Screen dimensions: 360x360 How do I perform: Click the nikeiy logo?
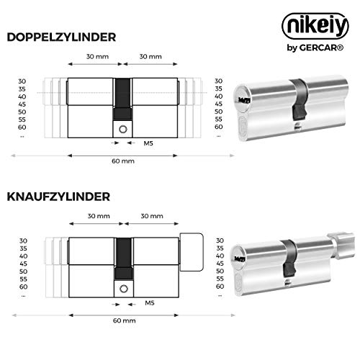315,26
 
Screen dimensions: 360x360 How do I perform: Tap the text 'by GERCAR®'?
315,48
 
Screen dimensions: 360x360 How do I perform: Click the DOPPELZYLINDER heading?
61,37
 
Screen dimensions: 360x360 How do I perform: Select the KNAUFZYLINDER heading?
58,197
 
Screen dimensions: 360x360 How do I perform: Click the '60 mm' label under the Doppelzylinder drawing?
123,161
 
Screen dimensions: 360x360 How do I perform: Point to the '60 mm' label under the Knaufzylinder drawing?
125,320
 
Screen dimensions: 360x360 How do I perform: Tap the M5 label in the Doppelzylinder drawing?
148,143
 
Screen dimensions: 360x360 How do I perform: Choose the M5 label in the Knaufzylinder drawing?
150,303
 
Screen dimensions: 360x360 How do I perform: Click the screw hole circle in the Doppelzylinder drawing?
123,130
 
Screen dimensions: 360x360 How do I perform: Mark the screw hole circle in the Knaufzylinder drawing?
124,289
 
